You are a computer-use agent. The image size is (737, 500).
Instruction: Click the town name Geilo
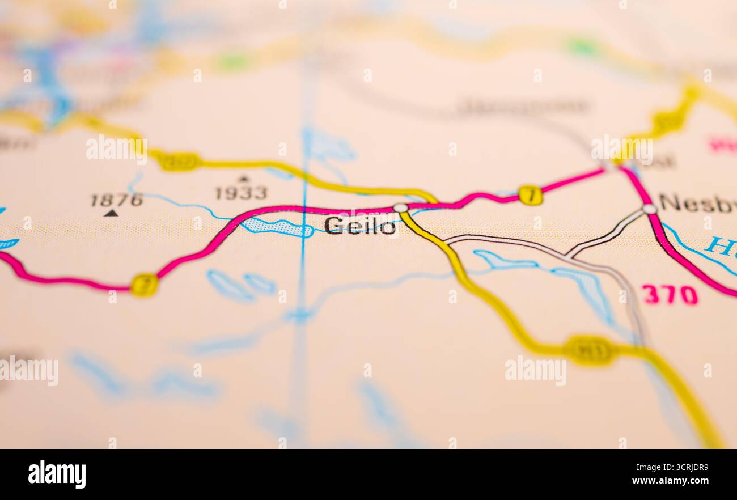pyautogui.click(x=360, y=226)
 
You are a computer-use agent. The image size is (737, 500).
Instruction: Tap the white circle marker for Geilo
pyautogui.click(x=401, y=208)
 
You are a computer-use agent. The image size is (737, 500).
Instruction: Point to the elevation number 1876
pyautogui.click(x=117, y=200)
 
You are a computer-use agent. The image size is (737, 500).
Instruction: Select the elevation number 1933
pyautogui.click(x=241, y=193)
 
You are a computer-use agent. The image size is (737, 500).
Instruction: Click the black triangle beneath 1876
pyautogui.click(x=111, y=213)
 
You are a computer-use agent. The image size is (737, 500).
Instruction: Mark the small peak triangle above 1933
pyautogui.click(x=243, y=179)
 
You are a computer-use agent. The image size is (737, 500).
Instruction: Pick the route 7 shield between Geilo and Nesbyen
pyautogui.click(x=530, y=195)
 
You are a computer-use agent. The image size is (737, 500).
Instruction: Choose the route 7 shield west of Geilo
pyautogui.click(x=144, y=285)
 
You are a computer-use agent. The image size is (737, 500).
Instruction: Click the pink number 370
pyautogui.click(x=670, y=295)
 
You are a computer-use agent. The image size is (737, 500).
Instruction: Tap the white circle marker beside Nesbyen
pyautogui.click(x=649, y=209)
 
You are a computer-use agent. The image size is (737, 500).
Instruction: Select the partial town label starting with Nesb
pyautogui.click(x=697, y=203)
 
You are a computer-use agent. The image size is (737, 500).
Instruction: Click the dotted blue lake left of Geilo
pyautogui.click(x=278, y=227)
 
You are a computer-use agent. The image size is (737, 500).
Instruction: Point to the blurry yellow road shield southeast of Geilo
pyautogui.click(x=590, y=350)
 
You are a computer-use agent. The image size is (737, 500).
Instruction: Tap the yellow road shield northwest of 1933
pyautogui.click(x=179, y=162)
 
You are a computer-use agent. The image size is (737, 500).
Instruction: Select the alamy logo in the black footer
pyautogui.click(x=57, y=474)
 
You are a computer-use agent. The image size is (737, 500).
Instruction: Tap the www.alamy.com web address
pyautogui.click(x=669, y=481)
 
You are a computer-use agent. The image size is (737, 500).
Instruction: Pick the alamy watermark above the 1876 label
pyautogui.click(x=116, y=149)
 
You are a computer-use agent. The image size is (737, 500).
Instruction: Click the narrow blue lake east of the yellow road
pyautogui.click(x=504, y=261)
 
